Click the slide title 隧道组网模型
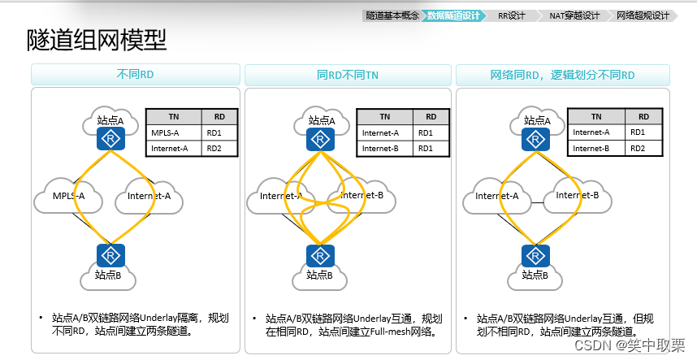tap(97, 40)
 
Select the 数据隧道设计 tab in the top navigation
tap(453, 15)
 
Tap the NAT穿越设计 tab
tap(574, 15)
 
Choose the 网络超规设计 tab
tap(643, 15)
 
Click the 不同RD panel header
tap(135, 75)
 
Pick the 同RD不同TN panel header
tap(348, 75)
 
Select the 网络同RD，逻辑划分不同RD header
tap(562, 75)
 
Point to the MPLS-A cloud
tap(68, 196)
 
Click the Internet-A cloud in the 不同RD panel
tap(149, 196)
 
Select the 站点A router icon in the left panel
tap(109, 139)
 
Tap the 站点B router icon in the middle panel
tap(320, 255)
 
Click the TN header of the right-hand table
tap(596, 117)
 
